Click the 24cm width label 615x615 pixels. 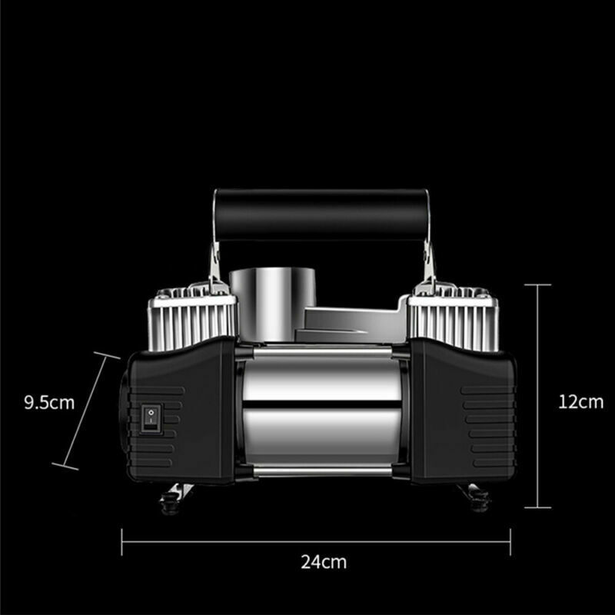(x=324, y=562)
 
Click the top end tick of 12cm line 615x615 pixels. (x=537, y=284)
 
